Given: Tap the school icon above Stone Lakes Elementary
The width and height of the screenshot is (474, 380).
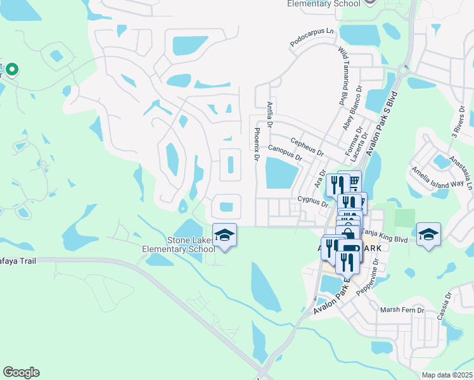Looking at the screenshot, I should (x=224, y=235).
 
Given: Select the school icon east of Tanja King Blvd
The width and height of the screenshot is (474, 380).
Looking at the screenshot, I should (x=428, y=234).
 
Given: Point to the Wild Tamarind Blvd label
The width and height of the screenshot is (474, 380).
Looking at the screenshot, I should (x=344, y=67).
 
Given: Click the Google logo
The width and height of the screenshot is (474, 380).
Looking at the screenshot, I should (x=21, y=372).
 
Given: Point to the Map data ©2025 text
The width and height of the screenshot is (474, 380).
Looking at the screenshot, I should (x=446, y=375).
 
